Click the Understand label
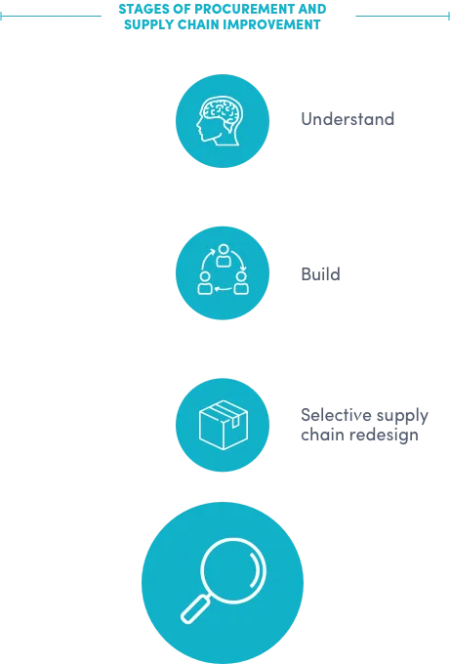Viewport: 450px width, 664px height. [348, 119]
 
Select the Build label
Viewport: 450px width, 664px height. [320, 274]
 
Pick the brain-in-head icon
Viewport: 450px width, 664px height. [221, 121]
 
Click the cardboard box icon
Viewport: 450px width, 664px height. [224, 425]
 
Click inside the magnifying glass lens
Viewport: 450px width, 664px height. [233, 571]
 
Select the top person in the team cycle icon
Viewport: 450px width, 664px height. [224, 256]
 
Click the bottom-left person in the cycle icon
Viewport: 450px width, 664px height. [205, 283]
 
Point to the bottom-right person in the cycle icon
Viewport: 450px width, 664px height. [241, 283]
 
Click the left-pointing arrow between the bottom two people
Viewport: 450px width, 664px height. [224, 290]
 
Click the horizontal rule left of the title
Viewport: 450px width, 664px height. [51, 16]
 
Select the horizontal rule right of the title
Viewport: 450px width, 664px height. [402, 16]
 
